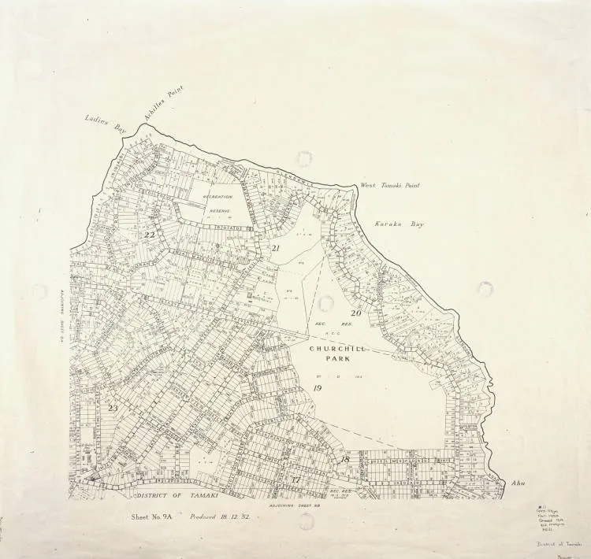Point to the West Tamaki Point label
tap(390, 186)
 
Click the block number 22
tap(149, 235)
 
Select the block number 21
tap(276, 249)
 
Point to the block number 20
tap(355, 313)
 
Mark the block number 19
tap(318, 388)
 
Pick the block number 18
tap(344, 458)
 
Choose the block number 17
tap(295, 479)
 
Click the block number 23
tap(113, 408)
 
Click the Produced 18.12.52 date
tap(219, 517)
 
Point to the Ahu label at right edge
tap(518, 483)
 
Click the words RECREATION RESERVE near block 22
tap(217, 202)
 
